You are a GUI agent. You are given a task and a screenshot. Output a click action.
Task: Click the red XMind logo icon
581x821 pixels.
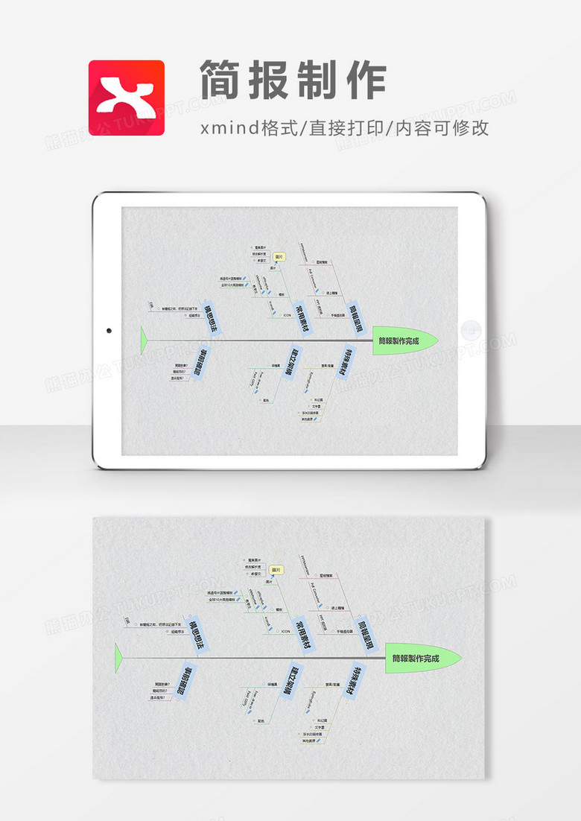point(127,98)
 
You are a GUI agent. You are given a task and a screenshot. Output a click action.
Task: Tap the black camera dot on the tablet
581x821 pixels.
point(109,330)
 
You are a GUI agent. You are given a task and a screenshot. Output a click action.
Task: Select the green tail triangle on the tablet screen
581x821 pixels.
point(143,340)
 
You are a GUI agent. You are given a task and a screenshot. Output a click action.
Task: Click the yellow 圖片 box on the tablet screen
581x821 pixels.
point(279,256)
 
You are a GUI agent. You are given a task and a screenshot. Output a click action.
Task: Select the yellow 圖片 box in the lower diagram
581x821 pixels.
point(276,570)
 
